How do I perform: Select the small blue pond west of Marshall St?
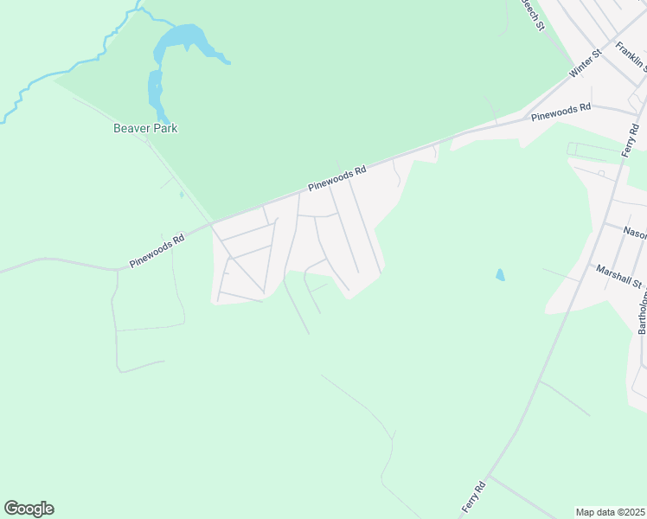500,275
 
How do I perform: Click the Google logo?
29,509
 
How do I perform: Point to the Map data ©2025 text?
610,512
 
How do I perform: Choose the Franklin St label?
632,55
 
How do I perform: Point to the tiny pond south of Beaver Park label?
181,195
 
